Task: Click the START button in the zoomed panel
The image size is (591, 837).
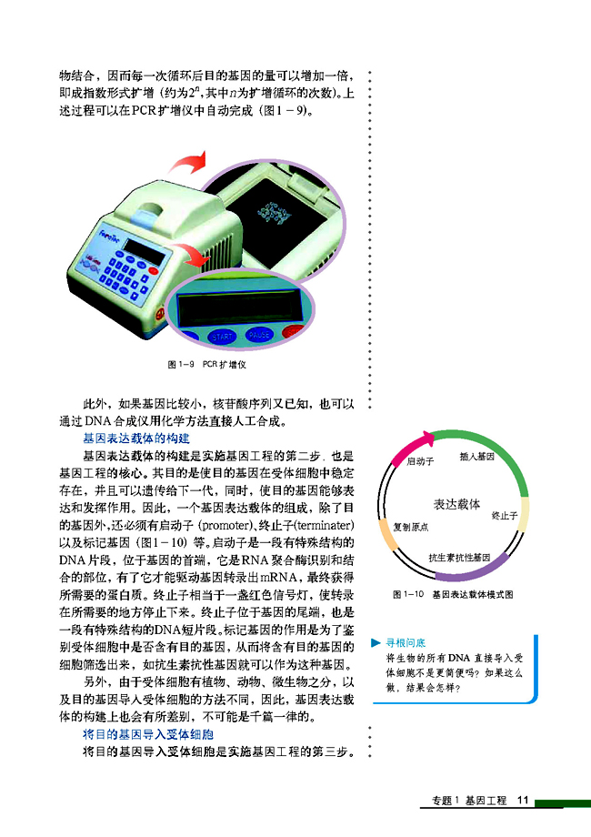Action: (x=223, y=337)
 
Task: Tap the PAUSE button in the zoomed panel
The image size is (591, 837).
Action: (x=260, y=335)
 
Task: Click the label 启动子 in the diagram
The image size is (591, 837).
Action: (x=419, y=462)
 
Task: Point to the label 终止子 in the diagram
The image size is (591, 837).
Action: (x=503, y=516)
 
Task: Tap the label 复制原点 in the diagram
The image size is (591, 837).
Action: (x=411, y=528)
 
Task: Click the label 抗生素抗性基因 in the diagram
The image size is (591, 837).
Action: (x=459, y=556)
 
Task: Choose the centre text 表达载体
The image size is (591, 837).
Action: (x=456, y=504)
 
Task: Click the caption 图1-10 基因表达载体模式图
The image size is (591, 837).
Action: (x=453, y=594)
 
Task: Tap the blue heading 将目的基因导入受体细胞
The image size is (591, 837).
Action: (x=148, y=734)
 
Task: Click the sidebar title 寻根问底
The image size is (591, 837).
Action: (x=405, y=642)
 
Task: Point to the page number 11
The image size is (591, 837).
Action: (x=522, y=801)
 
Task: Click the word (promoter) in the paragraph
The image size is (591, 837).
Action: (x=229, y=527)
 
